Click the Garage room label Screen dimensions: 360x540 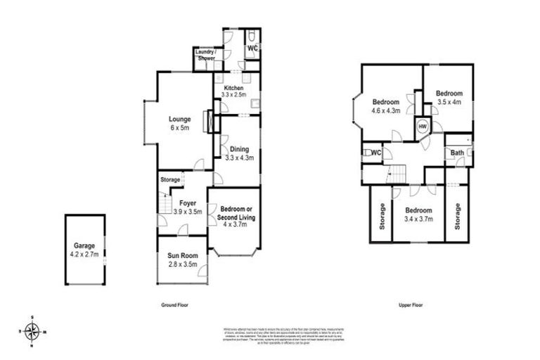point(85,250)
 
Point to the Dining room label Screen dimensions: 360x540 point(239,154)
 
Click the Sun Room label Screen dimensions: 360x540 point(181,259)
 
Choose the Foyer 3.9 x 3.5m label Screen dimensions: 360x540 point(187,207)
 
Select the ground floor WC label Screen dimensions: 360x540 point(252,48)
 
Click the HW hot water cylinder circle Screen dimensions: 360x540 point(423,127)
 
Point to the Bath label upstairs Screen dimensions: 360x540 point(457,153)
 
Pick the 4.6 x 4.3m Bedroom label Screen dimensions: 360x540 point(386,105)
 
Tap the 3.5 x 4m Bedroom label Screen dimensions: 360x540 point(449,98)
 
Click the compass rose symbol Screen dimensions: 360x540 point(32,331)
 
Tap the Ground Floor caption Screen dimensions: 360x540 point(174,305)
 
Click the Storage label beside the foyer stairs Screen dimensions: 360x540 point(170,180)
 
